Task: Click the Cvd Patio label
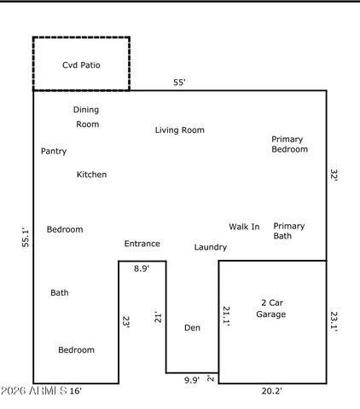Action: [81, 65]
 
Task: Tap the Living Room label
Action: [179, 130]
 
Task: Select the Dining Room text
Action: [86, 117]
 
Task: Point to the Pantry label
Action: [54, 152]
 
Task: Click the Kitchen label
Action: [91, 175]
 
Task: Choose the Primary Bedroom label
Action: [288, 144]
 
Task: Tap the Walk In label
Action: [244, 227]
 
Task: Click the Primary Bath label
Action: [288, 231]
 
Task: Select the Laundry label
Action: [210, 247]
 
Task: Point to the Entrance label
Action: [142, 244]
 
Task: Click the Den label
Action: [192, 328]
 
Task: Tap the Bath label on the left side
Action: [60, 293]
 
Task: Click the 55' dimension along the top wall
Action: [179, 83]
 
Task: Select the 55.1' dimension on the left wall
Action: [26, 237]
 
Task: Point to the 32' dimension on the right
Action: [334, 176]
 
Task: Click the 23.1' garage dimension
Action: [334, 322]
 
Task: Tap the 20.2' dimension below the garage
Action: [270, 391]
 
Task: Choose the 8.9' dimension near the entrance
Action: [142, 268]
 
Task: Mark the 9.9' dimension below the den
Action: [192, 381]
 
